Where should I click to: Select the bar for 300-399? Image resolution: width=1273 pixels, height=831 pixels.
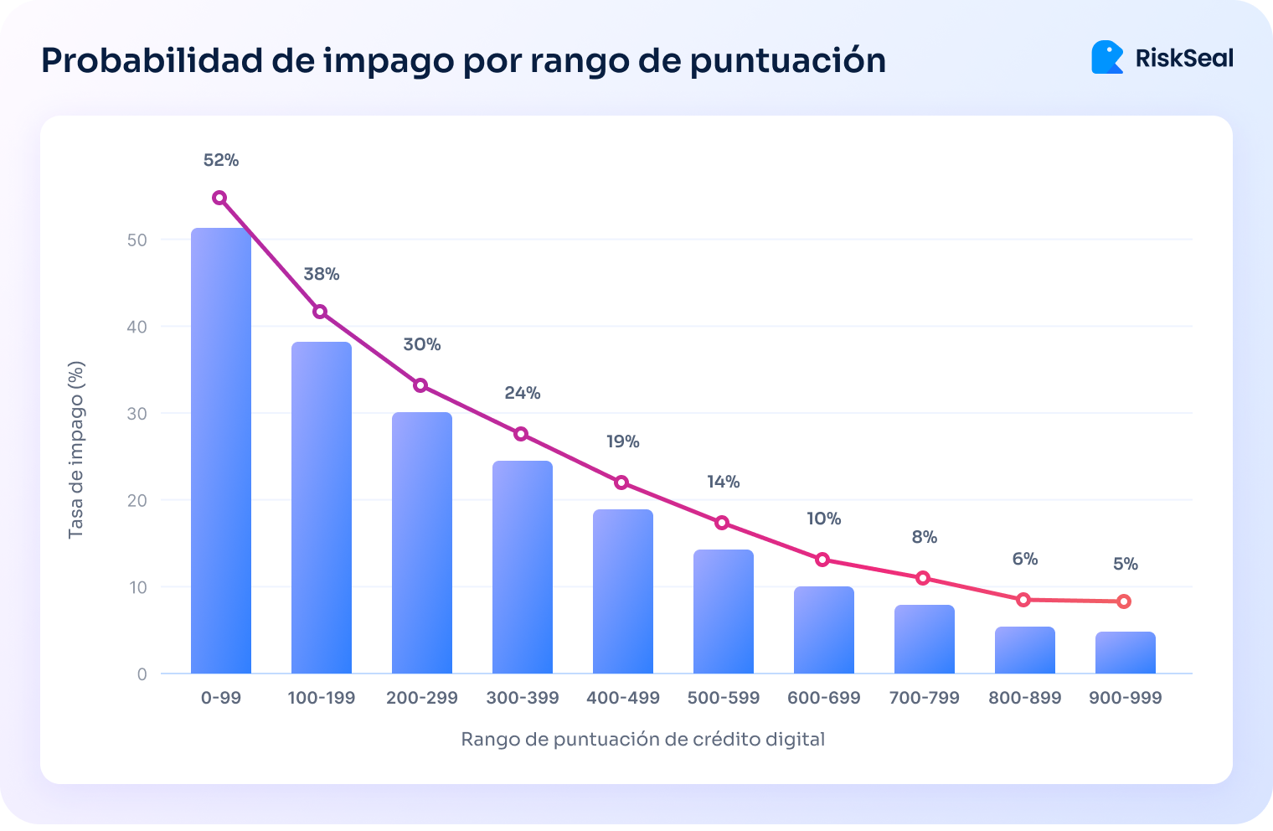pos(523,567)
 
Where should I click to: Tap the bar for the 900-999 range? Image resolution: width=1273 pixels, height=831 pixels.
pos(1126,653)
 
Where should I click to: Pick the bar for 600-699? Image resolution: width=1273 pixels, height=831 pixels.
pos(824,630)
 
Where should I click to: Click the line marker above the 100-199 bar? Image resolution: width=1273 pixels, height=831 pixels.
pos(320,312)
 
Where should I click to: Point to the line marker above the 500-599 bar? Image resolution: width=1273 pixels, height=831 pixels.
pos(722,523)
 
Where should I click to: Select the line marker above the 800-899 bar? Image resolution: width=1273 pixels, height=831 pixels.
pos(1023,600)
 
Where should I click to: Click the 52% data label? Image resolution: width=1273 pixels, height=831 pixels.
pos(221,160)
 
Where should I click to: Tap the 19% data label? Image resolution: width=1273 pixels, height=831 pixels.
pos(623,441)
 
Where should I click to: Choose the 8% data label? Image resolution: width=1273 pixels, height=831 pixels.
pos(925,537)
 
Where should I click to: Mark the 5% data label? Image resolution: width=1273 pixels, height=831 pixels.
pos(1126,564)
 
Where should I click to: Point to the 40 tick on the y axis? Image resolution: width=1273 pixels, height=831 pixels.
pos(137,327)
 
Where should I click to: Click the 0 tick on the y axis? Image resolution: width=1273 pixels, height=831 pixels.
pos(142,674)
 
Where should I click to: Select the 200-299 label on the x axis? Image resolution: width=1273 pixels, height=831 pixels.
pos(422,698)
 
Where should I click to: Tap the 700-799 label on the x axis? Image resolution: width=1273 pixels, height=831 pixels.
pos(925,698)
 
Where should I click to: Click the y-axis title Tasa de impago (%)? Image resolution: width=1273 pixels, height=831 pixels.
pos(76,450)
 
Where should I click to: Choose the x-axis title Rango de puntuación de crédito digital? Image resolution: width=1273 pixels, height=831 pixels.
pos(643,739)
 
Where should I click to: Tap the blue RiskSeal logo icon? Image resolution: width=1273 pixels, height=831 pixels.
pos(1107,58)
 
